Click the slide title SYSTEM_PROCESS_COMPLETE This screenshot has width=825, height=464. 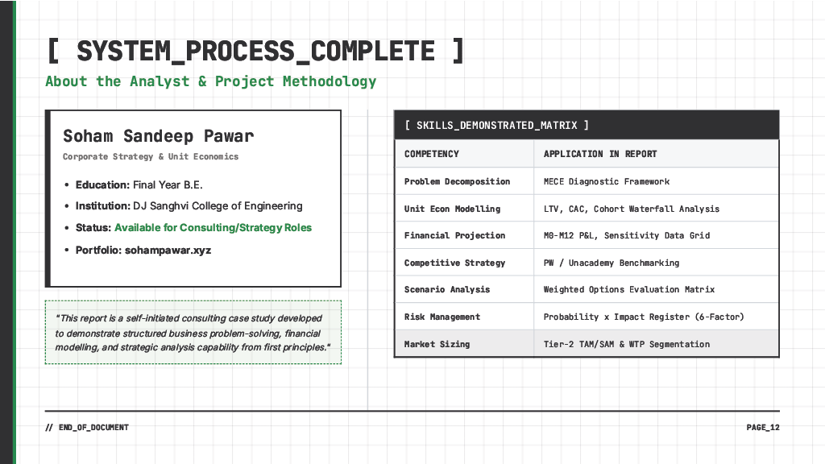click(255, 51)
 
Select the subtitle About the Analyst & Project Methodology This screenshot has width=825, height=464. click(211, 81)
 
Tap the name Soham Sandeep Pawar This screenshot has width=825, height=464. click(158, 136)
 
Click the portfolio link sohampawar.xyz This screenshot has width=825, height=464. click(168, 250)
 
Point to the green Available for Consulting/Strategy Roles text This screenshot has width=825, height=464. click(213, 227)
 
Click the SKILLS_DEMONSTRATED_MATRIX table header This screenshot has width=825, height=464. click(496, 125)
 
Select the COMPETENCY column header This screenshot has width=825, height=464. click(432, 154)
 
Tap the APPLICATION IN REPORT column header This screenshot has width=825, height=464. click(600, 154)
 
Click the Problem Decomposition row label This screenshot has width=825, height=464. click(457, 181)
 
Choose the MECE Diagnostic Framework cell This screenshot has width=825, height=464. click(607, 181)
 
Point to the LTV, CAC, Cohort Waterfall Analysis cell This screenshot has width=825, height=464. click(632, 209)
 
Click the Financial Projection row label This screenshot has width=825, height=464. click(454, 235)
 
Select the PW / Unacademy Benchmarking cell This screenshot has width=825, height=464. click(611, 263)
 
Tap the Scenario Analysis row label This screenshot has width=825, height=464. click(447, 289)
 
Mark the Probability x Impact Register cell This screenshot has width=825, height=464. click(644, 317)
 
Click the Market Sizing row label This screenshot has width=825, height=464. click(437, 344)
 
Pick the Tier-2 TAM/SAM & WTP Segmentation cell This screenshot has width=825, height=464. click(627, 344)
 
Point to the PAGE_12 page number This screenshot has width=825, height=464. click(763, 427)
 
